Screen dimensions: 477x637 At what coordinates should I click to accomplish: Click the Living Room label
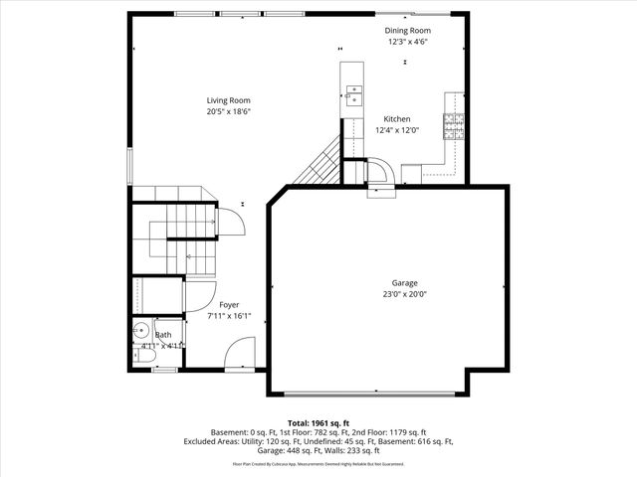coord(228,100)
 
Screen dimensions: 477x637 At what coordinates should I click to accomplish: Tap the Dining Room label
coord(408,31)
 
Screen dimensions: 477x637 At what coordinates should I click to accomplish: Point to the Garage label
coord(404,283)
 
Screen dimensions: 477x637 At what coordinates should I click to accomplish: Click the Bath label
coord(162,335)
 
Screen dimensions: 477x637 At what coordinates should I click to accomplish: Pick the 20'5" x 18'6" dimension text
coord(228,111)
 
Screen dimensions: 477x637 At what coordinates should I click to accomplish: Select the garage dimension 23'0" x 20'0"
coord(404,294)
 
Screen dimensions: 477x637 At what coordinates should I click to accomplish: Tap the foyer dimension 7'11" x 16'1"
coord(229,316)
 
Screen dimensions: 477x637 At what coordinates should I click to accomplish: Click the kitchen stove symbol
coord(454,124)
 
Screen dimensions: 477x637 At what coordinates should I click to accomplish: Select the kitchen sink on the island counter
coord(352,96)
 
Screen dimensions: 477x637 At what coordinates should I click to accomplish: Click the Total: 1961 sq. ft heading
coord(318,422)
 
